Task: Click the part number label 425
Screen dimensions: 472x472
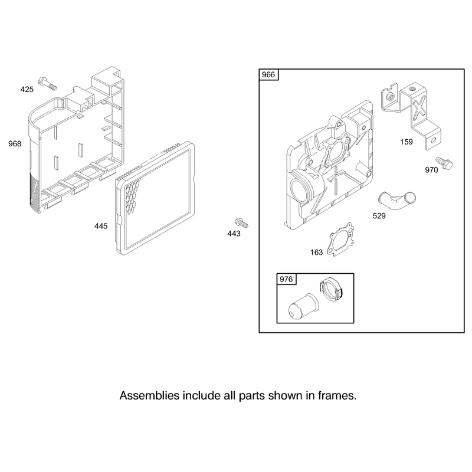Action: click(27, 90)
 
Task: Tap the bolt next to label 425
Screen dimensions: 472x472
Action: click(48, 83)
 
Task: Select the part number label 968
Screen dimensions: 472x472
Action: click(15, 144)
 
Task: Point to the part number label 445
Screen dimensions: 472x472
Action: click(101, 226)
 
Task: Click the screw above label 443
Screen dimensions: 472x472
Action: click(241, 223)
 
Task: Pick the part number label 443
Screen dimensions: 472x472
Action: click(234, 234)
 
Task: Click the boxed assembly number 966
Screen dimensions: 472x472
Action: click(268, 74)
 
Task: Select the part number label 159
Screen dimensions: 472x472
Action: click(407, 142)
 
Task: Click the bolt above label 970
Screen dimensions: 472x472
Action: click(444, 163)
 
